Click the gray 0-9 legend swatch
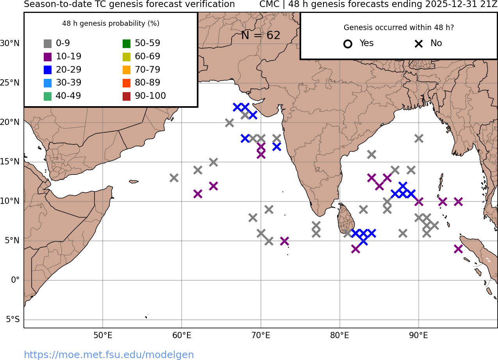(48, 44)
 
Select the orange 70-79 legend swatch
(127, 70)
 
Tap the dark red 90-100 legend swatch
(127, 96)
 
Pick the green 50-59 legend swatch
(127, 44)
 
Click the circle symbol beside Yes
(348, 44)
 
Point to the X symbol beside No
(419, 44)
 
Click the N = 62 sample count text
(261, 36)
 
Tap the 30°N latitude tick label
(10, 43)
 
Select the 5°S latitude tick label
(12, 319)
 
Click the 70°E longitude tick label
(261, 335)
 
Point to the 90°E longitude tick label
(418, 335)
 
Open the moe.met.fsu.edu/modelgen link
(109, 355)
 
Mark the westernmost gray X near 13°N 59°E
(174, 178)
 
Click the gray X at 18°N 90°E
(419, 139)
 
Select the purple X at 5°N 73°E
(284, 241)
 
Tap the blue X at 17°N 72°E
(277, 147)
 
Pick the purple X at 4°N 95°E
(458, 249)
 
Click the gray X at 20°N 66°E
(229, 123)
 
